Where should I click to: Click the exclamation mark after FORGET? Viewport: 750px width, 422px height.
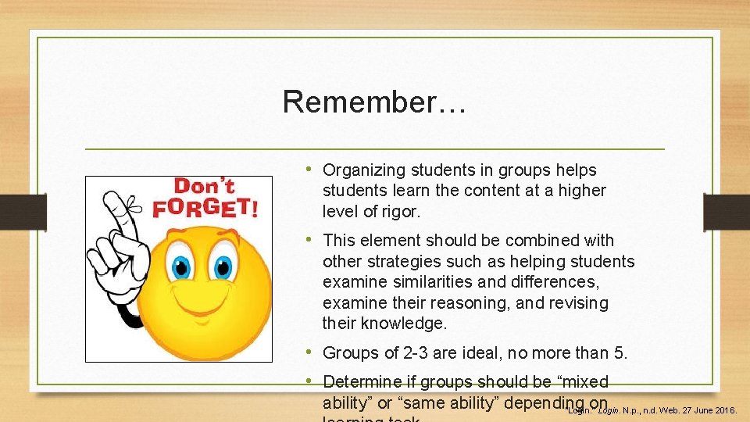pos(252,207)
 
